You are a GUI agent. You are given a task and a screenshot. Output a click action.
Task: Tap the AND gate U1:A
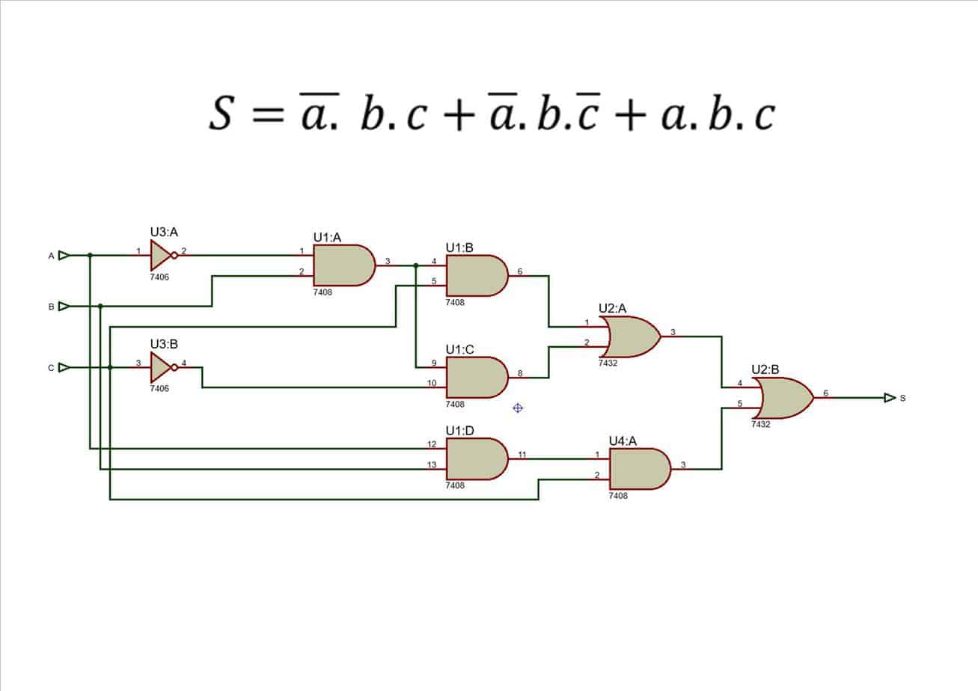pos(343,265)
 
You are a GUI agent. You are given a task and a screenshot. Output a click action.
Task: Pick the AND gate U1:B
pos(476,276)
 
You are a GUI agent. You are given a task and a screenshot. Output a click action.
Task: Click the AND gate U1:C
pos(476,377)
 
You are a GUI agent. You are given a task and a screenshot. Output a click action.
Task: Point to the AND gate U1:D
pos(476,458)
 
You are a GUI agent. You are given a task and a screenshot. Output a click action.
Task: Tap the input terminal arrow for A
pos(64,255)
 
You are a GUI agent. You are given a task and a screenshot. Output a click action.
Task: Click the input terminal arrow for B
pos(64,306)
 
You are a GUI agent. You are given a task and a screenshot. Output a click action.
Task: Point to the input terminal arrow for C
pos(64,367)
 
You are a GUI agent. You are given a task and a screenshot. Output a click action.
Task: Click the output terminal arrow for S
pos(890,398)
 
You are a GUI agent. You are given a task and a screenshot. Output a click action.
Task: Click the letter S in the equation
pos(221,114)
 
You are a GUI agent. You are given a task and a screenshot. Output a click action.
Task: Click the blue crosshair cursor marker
pos(517,408)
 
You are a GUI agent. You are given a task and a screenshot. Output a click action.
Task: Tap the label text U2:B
pos(765,369)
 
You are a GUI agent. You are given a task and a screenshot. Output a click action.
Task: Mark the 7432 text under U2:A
pos(608,363)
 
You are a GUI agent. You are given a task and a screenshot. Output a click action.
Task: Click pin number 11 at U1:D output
pos(522,454)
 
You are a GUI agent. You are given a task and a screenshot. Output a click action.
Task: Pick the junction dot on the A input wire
pos(90,255)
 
